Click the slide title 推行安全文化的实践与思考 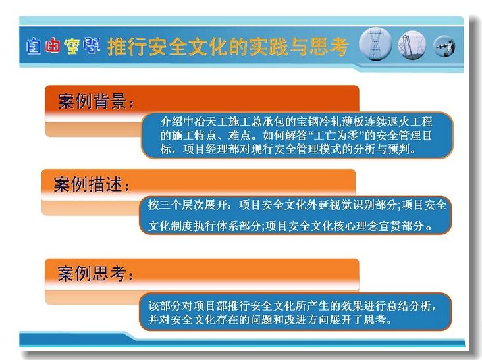point(228,47)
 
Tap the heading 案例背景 point(92,101)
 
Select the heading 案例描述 point(88,184)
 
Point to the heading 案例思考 point(92,273)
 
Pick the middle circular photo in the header point(412,45)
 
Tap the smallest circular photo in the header point(444,46)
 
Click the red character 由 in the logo point(53,46)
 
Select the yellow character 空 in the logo point(72,46)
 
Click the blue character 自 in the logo point(34,46)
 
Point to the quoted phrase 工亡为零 point(336,136)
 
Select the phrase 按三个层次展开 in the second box point(188,205)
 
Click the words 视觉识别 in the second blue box point(352,205)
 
